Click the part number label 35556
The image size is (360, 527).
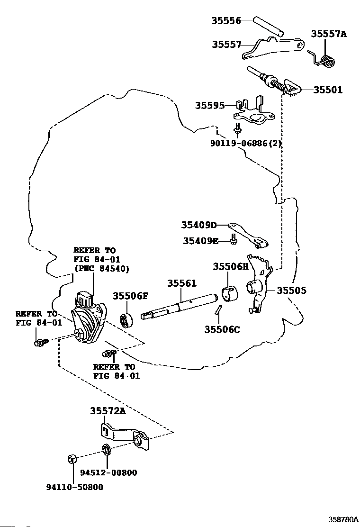pyautogui.click(x=226, y=21)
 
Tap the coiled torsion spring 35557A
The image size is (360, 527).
pyautogui.click(x=324, y=60)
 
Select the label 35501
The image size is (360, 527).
pyautogui.click(x=328, y=90)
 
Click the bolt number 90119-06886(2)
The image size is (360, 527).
pyautogui.click(x=246, y=144)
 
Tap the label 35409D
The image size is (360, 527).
pyautogui.click(x=199, y=225)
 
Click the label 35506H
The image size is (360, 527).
pyautogui.click(x=230, y=266)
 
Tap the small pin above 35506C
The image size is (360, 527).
pyautogui.click(x=218, y=309)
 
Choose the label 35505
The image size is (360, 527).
pyautogui.click(x=291, y=291)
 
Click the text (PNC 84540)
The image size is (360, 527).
pyautogui.click(x=101, y=269)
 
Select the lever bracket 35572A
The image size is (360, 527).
pyautogui.click(x=125, y=437)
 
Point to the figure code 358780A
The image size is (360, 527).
pyautogui.click(x=343, y=519)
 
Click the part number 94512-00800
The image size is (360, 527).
pyautogui.click(x=108, y=472)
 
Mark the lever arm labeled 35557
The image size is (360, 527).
pyautogui.click(x=274, y=47)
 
